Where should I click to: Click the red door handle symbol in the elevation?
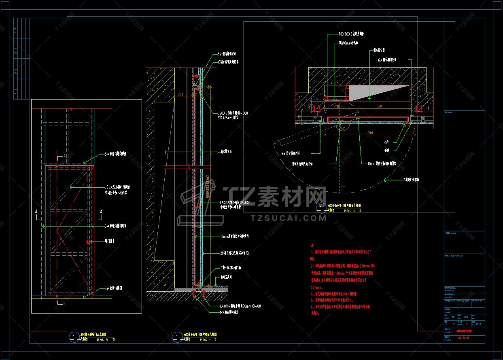coord(88,241)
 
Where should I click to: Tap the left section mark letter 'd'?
coord(36,212)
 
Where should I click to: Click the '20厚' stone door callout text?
coord(234,253)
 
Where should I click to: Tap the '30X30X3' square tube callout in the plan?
coord(351,34)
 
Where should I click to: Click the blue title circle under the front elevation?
coord(74,337)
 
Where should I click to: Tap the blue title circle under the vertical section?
coord(177,337)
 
